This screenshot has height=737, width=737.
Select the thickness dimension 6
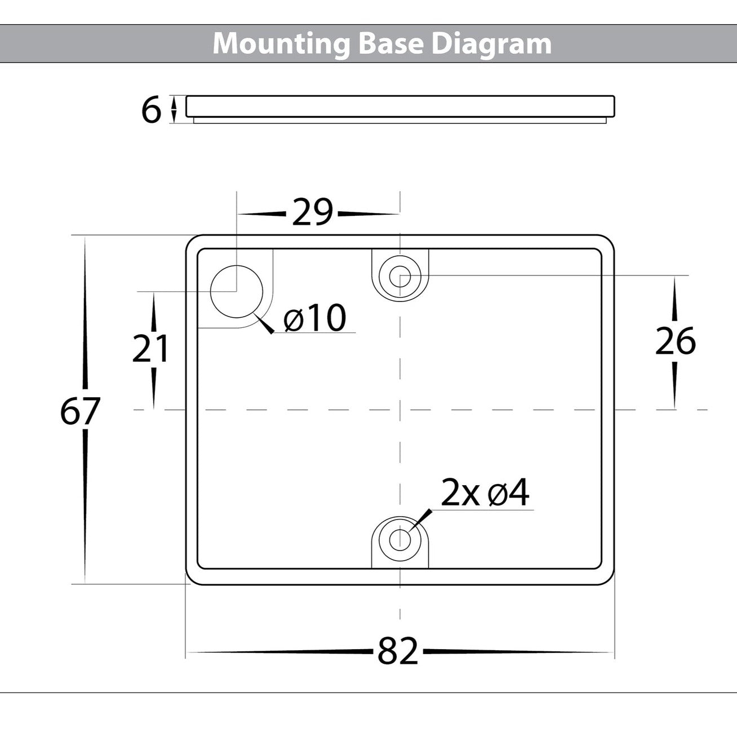tap(151, 110)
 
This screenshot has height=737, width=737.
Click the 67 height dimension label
tap(80, 412)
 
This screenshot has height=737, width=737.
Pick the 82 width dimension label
tap(398, 652)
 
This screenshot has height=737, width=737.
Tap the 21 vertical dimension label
tap(150, 348)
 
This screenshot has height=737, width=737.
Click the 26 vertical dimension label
tap(675, 341)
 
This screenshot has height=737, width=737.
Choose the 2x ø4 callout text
tap(485, 494)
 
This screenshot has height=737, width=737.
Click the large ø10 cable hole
tap(237, 291)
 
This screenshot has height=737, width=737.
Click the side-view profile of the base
tap(400, 107)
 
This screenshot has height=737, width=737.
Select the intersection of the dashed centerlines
tap(400, 410)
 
